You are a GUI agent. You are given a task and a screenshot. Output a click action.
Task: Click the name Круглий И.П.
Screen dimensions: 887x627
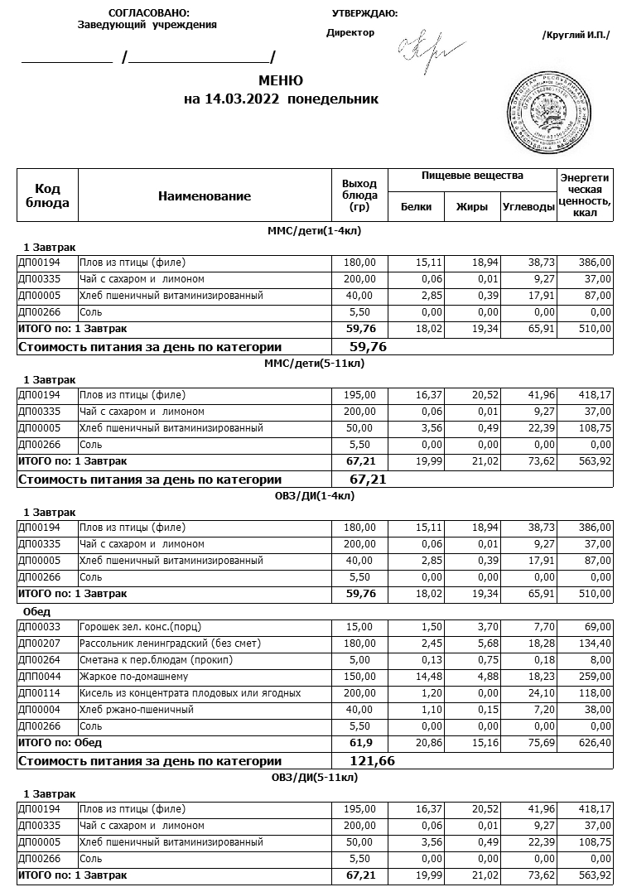click(575, 35)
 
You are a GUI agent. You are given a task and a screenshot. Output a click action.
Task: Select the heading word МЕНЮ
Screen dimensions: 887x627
click(281, 81)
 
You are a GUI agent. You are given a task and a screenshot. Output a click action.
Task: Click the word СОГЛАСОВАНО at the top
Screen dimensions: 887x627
click(149, 13)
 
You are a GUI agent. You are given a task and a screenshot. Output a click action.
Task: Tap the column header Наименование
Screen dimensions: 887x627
click(204, 196)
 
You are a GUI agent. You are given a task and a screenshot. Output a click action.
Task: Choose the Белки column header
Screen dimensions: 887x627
click(416, 207)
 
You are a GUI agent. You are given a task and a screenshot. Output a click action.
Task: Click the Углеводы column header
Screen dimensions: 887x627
click(528, 207)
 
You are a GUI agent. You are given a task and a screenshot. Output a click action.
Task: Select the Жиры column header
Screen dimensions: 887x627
click(472, 207)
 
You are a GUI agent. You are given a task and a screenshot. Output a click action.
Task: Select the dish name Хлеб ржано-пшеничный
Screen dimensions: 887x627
click(137, 710)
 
